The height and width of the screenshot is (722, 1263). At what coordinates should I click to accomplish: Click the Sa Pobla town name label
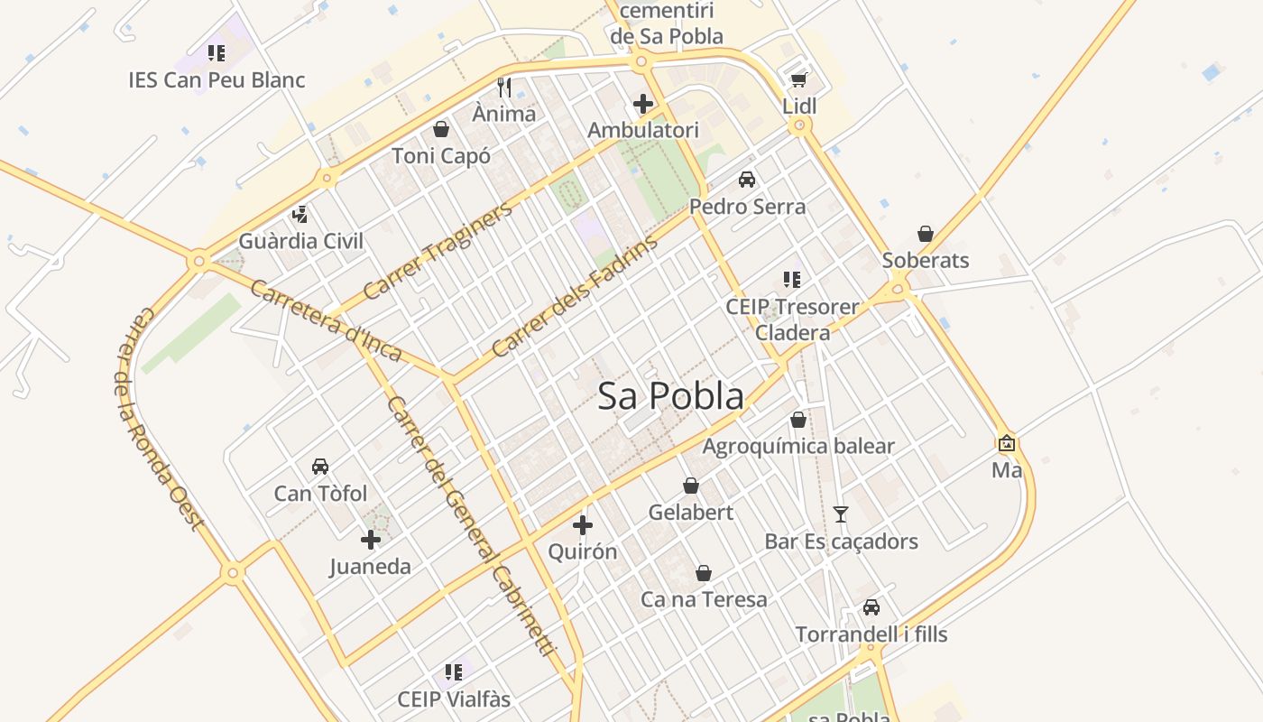pos(671,396)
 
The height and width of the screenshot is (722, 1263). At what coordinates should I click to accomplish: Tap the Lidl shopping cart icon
pos(798,80)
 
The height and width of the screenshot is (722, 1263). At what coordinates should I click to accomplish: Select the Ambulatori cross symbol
pos(643,104)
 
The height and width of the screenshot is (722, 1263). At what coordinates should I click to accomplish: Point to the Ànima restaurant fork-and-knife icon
pos(504,88)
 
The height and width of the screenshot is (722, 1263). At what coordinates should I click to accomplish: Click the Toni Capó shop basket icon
pos(441,129)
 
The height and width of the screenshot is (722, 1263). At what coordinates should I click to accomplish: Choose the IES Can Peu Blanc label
pos(217,79)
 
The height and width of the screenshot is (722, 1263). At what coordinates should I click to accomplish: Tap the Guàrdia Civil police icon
pos(300,215)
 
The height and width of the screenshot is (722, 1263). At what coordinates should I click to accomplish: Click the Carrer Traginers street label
pos(438,250)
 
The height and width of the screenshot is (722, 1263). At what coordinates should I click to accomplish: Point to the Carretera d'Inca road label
pos(325,320)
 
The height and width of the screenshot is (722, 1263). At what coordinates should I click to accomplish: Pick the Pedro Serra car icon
pos(747,180)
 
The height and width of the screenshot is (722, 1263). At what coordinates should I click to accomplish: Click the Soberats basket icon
pos(925,235)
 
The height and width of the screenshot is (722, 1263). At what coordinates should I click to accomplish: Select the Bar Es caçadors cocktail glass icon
pos(841,514)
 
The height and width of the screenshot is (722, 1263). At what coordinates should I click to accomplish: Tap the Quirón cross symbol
pos(583,524)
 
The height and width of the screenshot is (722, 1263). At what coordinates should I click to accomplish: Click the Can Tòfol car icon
pos(320,467)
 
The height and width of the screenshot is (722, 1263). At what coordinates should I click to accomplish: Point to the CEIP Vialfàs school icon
pos(454,672)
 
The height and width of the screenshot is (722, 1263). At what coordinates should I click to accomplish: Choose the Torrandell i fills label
pos(871,634)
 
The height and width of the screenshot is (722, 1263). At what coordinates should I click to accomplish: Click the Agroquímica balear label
pos(798,446)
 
